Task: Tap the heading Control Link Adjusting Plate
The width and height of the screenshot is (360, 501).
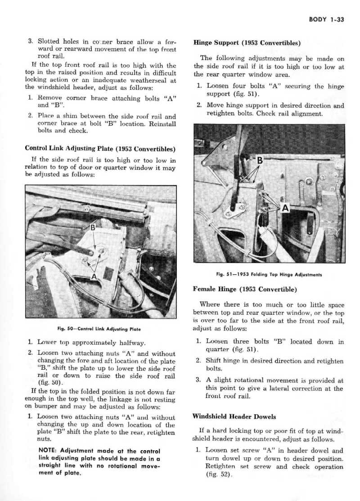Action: [x=100, y=148]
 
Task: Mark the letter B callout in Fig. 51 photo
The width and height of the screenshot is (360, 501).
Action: [x=259, y=161]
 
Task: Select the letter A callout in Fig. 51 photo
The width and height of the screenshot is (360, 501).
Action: [x=284, y=208]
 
